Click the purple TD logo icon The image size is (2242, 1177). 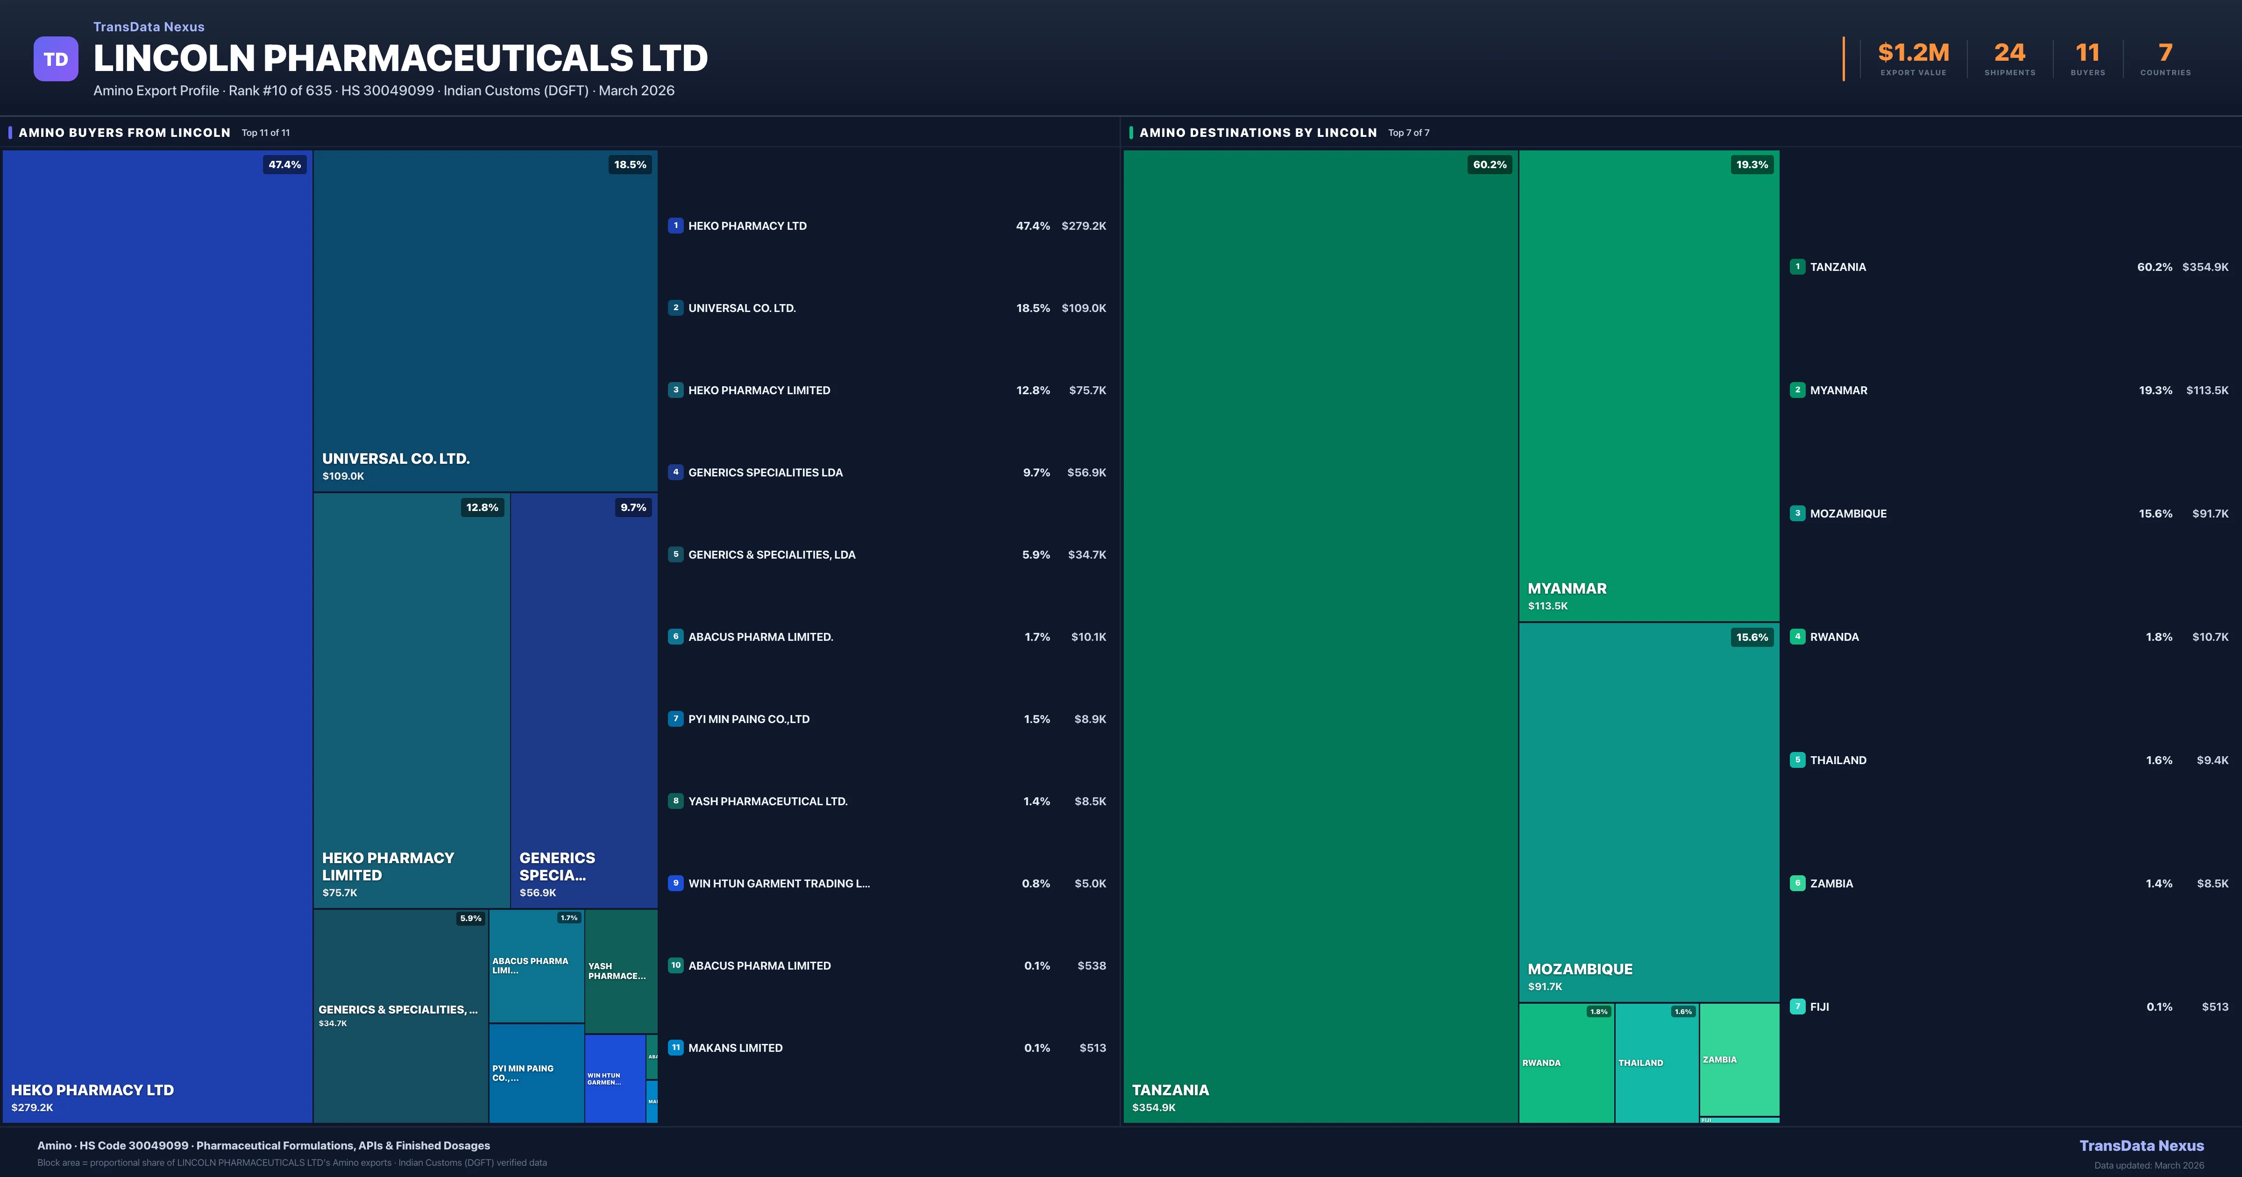56,59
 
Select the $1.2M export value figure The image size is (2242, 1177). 1913,53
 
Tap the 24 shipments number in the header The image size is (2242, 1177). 2009,53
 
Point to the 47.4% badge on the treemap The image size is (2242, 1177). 284,164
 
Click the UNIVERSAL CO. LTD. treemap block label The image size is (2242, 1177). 396,459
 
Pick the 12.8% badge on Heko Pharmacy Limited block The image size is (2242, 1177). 482,508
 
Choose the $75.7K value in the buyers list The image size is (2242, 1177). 1087,390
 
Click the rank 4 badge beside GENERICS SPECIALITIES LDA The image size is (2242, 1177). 675,472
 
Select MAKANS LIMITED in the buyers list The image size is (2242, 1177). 736,1048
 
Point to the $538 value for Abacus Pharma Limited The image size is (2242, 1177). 1092,965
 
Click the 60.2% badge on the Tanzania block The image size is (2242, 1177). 1489,164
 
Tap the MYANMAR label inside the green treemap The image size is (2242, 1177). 1567,588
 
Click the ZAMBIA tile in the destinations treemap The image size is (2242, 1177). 1738,1059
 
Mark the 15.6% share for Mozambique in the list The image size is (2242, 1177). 2155,514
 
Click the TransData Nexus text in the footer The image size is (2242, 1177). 2141,1146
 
